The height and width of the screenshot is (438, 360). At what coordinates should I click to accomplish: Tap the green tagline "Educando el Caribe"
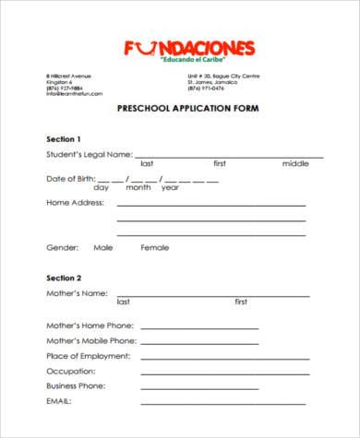point(194,60)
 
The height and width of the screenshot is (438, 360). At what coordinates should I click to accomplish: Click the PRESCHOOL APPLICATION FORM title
point(187,108)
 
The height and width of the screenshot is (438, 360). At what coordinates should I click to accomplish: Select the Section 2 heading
point(64,277)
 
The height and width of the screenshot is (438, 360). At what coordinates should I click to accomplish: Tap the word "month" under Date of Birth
point(138,187)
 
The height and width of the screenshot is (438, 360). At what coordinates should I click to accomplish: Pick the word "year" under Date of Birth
point(170,187)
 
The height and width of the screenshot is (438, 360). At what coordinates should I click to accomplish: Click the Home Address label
point(75,202)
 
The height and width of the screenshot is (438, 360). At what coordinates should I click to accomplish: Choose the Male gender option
point(102,247)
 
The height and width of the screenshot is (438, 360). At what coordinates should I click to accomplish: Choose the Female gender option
point(155,247)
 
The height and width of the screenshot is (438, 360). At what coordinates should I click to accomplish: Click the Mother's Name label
point(78,292)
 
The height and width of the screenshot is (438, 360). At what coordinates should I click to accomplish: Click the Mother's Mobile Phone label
point(91,341)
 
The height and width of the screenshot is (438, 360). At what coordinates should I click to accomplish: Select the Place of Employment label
point(90,356)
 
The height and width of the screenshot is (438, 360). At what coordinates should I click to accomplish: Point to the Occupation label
point(69,371)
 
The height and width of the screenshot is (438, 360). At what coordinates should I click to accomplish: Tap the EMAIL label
point(59,401)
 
